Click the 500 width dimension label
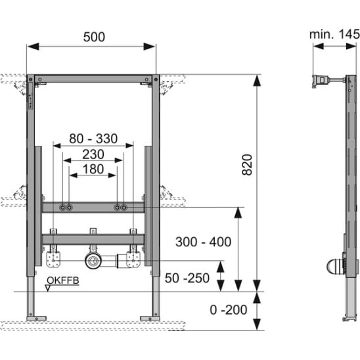[94, 37]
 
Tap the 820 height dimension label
[247, 165]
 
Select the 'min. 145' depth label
[334, 34]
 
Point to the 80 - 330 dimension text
[93, 139]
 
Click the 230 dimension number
[93, 154]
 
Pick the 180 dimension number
[93, 169]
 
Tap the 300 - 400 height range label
[203, 242]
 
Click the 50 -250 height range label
[187, 278]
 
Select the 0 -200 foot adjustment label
[229, 309]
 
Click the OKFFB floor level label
[63, 281]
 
